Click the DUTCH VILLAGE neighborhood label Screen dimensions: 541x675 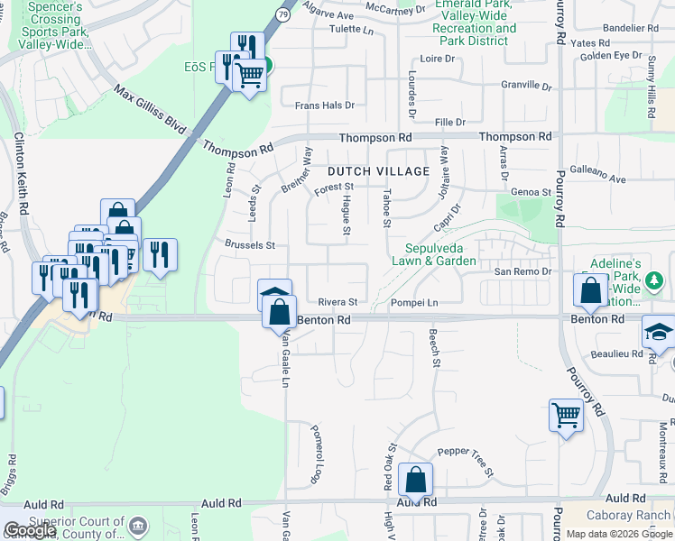tap(378, 171)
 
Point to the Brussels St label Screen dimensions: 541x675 tap(250, 244)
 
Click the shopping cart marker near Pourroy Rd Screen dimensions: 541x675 tap(566, 416)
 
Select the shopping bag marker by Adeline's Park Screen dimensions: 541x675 tap(590, 291)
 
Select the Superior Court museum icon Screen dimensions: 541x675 tap(138, 525)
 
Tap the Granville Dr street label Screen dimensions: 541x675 tap(527, 86)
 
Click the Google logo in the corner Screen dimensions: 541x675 tap(30, 530)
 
